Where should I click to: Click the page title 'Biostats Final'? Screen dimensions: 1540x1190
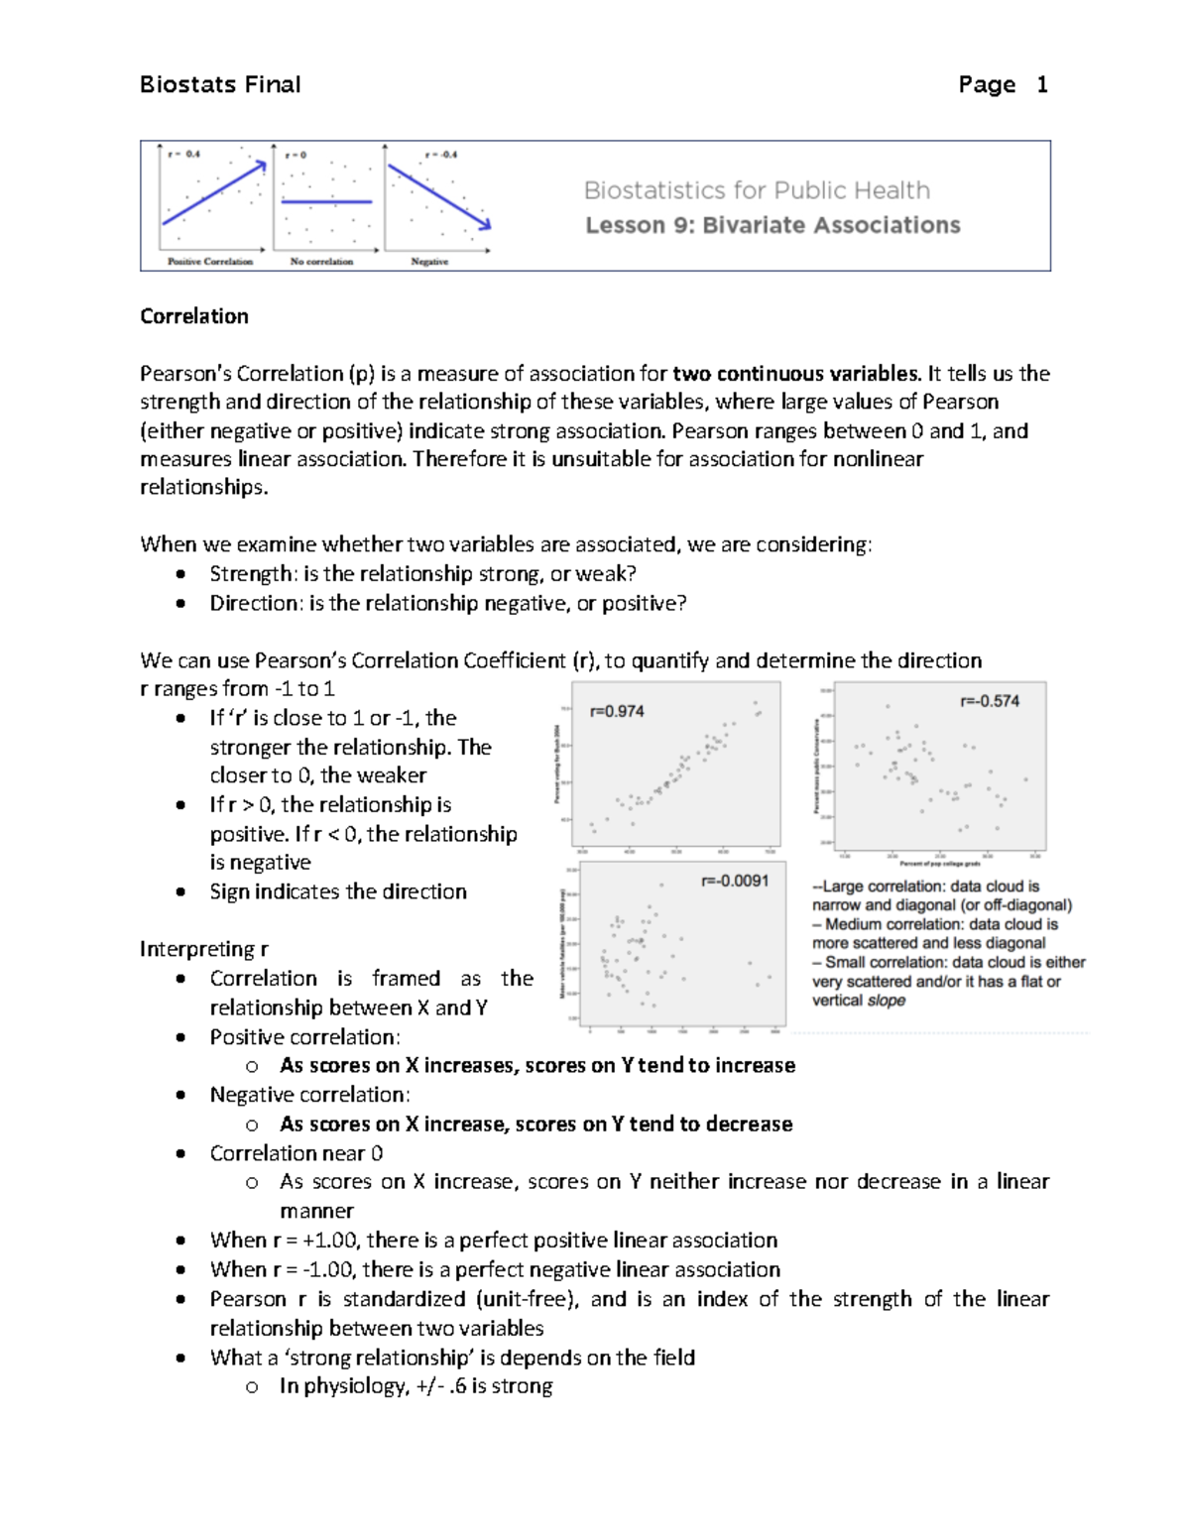tap(220, 85)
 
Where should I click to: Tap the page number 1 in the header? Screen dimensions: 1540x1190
tap(1041, 85)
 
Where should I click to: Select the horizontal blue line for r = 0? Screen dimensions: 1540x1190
tap(326, 201)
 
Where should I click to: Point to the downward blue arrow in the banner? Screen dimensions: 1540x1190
tap(438, 196)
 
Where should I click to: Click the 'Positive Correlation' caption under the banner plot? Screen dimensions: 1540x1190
tap(210, 262)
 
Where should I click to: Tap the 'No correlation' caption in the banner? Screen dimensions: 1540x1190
tap(321, 262)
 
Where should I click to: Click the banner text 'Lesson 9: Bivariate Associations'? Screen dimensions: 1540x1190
tap(773, 225)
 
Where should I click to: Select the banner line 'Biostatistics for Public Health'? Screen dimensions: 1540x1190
tap(757, 190)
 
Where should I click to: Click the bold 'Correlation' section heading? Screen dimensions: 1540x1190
tap(194, 316)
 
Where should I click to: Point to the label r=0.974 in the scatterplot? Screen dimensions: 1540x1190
tap(617, 711)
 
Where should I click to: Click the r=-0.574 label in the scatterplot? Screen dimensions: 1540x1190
tap(989, 701)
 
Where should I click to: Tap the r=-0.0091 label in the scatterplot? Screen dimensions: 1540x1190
tap(735, 881)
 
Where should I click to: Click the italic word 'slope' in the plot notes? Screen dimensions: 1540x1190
tap(887, 1001)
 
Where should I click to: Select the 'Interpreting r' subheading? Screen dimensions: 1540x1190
tap(204, 949)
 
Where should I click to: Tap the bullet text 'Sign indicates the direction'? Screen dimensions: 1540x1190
tap(338, 891)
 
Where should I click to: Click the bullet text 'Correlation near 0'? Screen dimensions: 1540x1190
tap(297, 1153)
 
